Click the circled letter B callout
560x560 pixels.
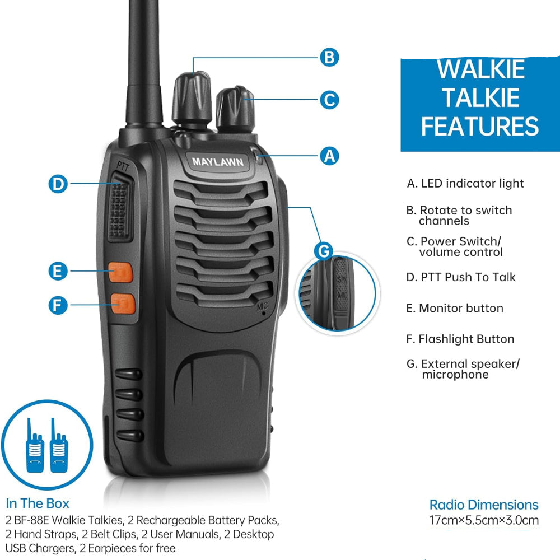(329, 58)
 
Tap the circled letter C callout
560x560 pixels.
(329, 100)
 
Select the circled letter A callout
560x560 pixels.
(329, 156)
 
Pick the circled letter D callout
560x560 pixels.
(58, 184)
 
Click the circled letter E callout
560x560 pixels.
(58, 271)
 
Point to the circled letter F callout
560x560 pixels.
(58, 305)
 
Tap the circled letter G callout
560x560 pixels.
(324, 251)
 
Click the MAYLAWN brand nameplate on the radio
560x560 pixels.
(218, 162)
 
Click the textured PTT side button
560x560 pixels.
(120, 207)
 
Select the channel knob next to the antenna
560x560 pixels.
(192, 98)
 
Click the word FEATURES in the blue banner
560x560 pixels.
(480, 126)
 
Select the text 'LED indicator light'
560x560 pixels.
(472, 183)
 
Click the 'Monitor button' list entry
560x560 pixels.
(455, 308)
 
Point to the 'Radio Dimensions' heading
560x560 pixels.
(484, 505)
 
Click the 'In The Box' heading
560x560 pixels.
(38, 503)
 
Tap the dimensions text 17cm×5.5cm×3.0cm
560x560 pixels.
(484, 520)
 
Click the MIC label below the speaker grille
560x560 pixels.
(263, 306)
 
